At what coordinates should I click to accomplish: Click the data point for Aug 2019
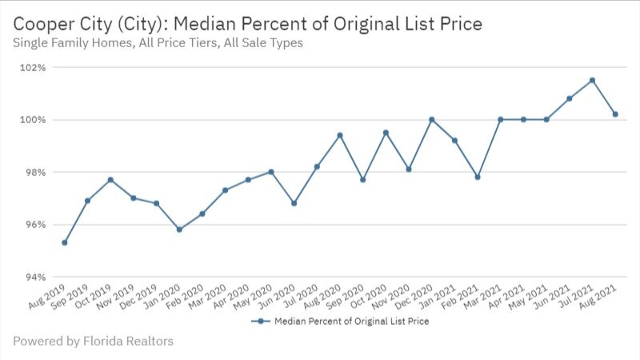64,242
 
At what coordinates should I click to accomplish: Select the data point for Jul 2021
592,80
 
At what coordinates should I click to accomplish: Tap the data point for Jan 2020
179,230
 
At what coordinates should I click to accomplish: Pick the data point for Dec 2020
432,119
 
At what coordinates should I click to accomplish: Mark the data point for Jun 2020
294,203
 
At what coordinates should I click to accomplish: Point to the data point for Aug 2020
340,135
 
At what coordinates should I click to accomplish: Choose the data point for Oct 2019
110,179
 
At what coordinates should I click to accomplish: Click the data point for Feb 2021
478,177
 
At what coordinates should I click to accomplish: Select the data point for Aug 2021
615,114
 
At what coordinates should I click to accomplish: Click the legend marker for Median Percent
260,321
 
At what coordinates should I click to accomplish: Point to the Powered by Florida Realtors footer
93,342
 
